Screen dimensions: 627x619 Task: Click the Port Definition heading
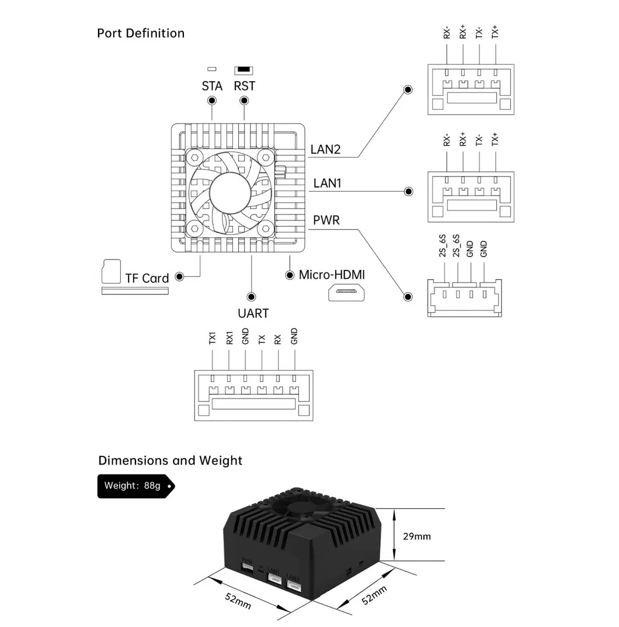(x=141, y=33)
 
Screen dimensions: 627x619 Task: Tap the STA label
(x=212, y=86)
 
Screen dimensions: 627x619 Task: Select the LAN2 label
(x=325, y=149)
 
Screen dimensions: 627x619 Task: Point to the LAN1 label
(x=327, y=183)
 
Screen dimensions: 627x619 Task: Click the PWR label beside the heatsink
(x=326, y=221)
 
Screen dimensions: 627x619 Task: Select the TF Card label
(x=147, y=278)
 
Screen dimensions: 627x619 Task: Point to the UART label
(x=253, y=313)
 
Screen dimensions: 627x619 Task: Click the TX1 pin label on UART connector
(x=213, y=338)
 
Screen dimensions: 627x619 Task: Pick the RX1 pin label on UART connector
(x=229, y=338)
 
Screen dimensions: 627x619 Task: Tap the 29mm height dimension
(x=417, y=536)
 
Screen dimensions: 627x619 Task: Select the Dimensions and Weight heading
(x=170, y=460)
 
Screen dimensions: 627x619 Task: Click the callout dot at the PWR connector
(x=408, y=297)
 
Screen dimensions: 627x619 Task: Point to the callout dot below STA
(x=212, y=101)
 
